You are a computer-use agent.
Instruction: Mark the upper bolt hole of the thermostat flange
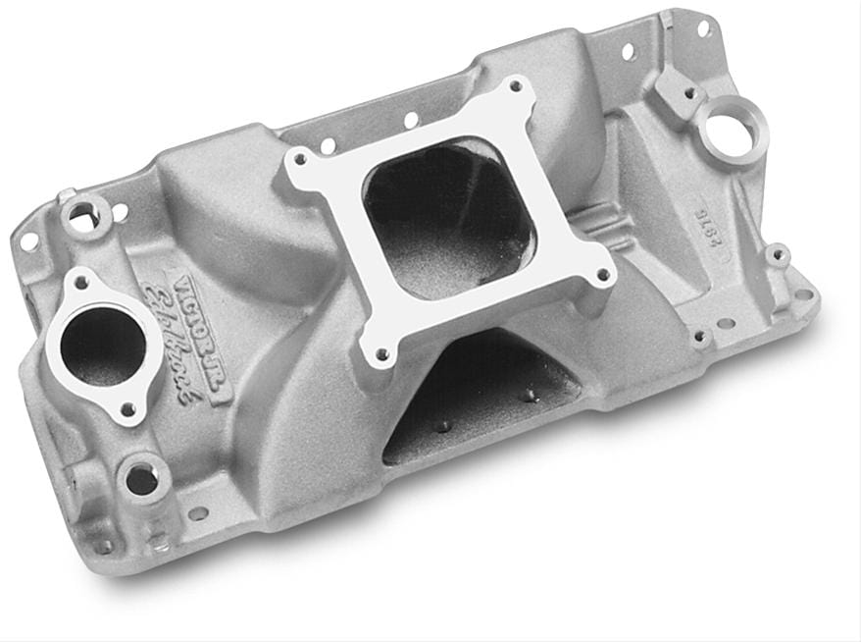(81, 284)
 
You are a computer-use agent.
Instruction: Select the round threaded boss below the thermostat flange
(141, 479)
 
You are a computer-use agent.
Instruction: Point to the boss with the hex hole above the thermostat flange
(89, 209)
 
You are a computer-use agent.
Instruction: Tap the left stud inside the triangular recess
(440, 425)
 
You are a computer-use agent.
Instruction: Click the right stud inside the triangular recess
(529, 396)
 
